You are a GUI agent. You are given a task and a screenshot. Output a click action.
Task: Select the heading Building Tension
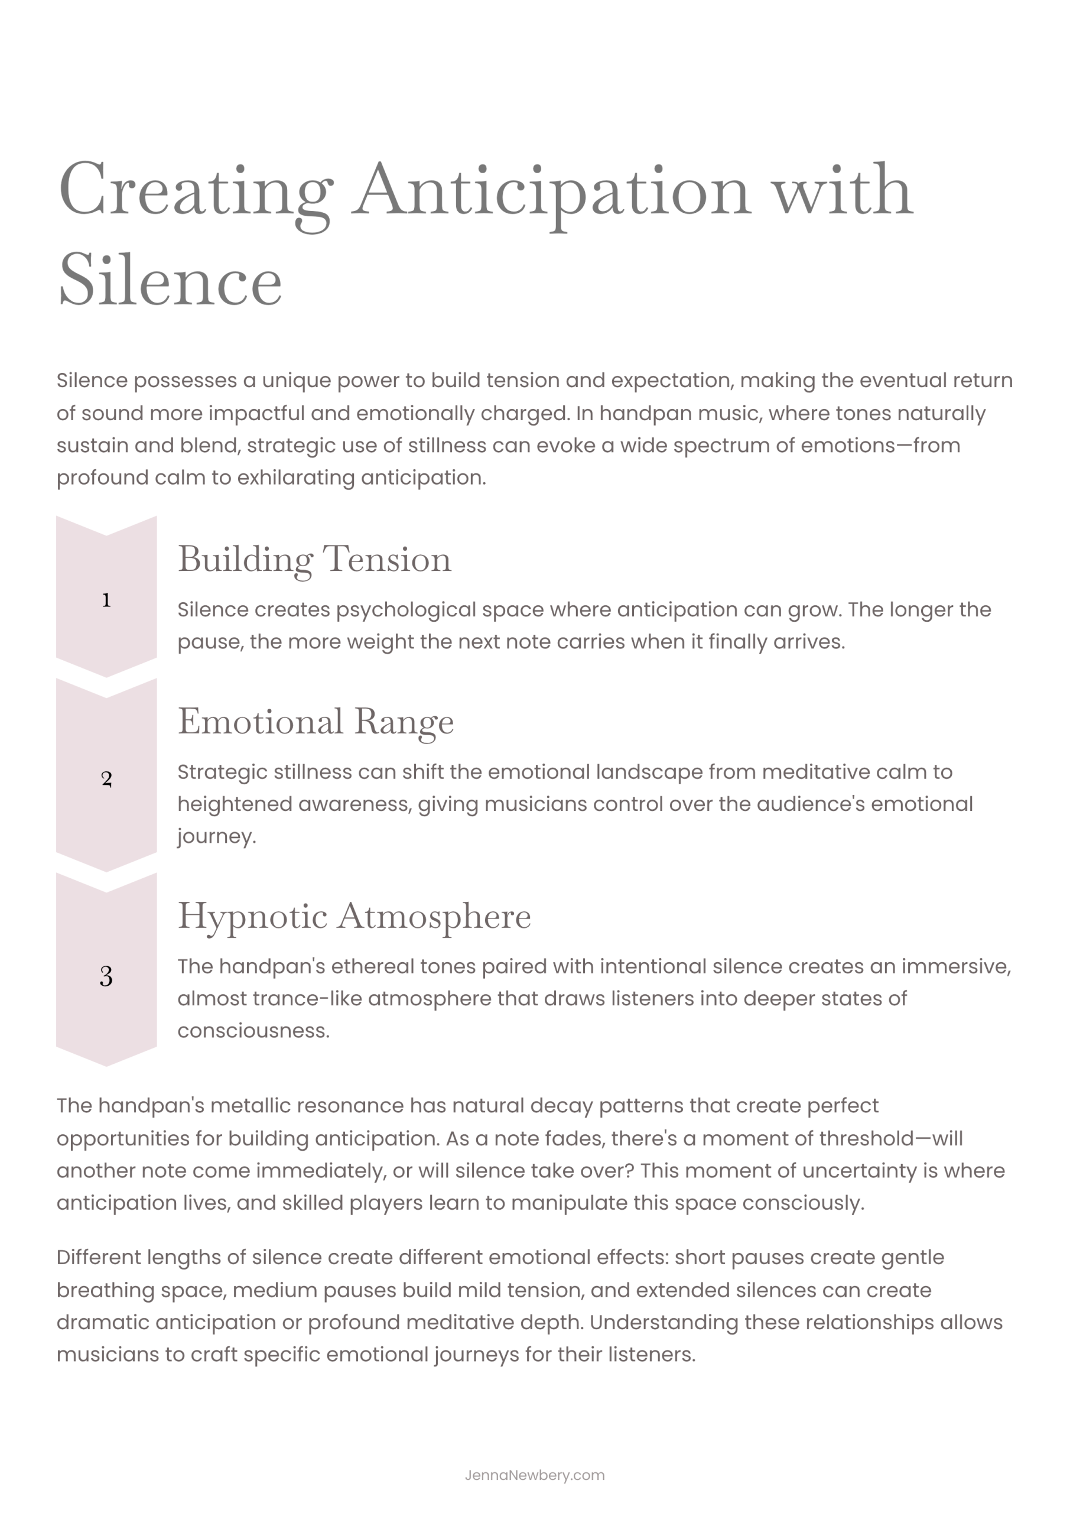314,560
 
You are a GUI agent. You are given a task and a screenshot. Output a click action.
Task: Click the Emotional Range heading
316,722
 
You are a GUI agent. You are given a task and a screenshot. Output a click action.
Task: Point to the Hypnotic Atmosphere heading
354,916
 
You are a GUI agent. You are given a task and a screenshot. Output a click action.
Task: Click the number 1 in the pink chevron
106,600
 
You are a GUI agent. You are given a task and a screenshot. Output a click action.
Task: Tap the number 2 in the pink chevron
107,779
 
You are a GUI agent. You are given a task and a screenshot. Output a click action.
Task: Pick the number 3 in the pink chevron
106,976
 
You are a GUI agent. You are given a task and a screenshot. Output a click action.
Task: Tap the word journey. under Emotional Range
216,837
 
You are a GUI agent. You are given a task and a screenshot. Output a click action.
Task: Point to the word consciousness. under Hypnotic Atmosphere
253,1031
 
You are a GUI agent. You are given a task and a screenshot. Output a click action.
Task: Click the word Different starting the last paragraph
98,1257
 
